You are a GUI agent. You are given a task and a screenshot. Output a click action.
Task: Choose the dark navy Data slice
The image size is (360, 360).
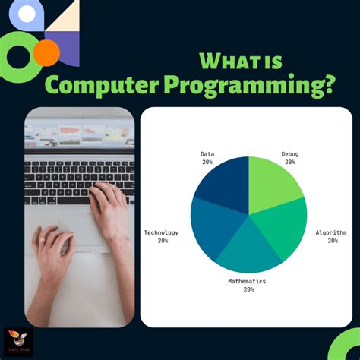pos(224,182)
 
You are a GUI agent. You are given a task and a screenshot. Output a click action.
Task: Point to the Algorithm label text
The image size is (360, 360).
pos(332,232)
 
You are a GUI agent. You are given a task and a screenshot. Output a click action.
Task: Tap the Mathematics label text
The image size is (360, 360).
pos(248,281)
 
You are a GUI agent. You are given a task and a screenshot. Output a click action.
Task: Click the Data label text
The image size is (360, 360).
pos(207,153)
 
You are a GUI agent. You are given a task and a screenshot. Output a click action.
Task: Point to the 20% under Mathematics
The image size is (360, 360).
pos(248,289)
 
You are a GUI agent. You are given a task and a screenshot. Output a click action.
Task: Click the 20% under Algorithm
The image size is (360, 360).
pos(333,241)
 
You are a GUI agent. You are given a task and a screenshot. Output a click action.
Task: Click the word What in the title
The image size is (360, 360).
pos(228,61)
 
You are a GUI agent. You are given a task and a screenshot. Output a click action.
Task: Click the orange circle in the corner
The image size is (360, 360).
pos(46,52)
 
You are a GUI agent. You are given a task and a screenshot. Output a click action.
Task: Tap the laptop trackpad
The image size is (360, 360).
pos(80,228)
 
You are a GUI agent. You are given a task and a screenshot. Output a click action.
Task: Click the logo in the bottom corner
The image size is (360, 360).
pos(17,343)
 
